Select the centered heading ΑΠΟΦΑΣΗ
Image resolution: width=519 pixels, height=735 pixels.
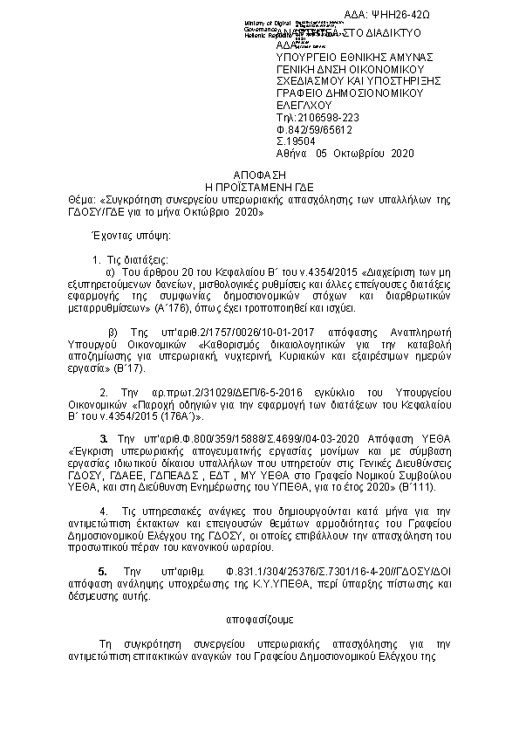point(259,175)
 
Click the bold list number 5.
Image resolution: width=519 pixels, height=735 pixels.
point(103,570)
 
